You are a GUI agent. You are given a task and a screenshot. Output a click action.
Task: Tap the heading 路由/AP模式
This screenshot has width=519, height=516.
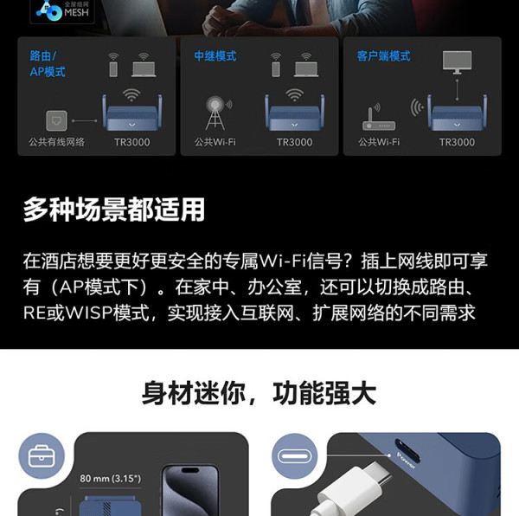click(48, 64)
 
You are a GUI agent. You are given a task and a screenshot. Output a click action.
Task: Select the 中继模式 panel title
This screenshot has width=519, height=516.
click(215, 56)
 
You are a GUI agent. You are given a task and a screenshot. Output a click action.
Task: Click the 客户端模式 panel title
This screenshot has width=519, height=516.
click(383, 56)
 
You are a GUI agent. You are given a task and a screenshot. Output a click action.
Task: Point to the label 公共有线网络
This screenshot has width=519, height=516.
click(57, 142)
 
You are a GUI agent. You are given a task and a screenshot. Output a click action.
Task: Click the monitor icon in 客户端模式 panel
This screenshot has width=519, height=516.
click(457, 61)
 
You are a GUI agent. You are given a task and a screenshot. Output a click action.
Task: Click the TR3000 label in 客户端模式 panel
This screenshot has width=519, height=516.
click(457, 142)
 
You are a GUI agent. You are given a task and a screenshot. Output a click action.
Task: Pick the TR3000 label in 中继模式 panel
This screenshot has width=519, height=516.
click(294, 142)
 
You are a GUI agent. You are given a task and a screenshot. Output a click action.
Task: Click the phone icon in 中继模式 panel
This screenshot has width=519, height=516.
click(276, 66)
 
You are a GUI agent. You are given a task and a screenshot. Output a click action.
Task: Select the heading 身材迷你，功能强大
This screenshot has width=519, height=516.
click(259, 394)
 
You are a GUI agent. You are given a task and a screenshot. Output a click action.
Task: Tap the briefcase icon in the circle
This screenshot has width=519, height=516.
click(47, 456)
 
